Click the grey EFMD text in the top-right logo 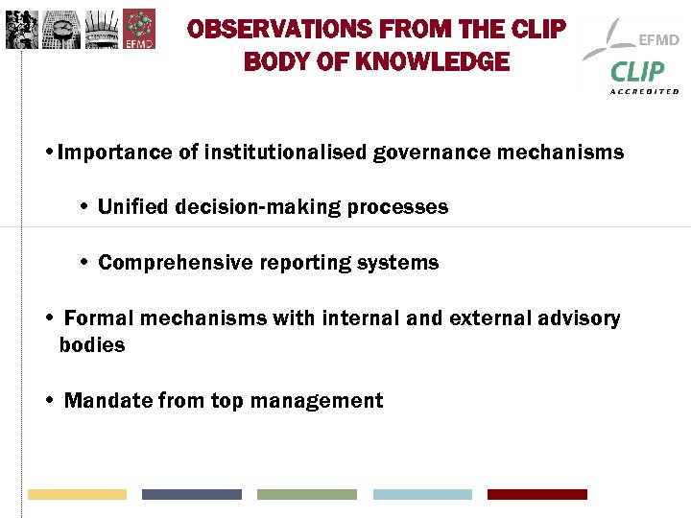658,40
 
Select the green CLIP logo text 637,72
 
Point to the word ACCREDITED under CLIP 644,91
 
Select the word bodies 92,345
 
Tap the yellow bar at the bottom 77,494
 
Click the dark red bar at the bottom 536,494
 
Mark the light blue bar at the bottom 422,494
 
